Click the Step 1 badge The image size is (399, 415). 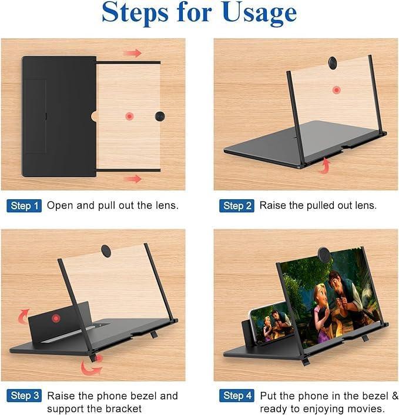point(24,206)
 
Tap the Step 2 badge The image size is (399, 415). point(237,206)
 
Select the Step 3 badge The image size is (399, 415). point(24,396)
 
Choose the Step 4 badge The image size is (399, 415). point(237,396)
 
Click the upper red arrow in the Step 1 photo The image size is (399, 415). point(133,53)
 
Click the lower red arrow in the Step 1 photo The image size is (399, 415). point(133,179)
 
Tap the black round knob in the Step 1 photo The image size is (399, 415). point(160,116)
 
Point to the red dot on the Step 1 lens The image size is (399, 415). point(129,116)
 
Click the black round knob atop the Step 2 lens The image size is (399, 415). point(333,63)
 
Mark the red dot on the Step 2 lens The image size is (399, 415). point(336,90)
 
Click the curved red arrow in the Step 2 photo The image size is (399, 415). point(324,168)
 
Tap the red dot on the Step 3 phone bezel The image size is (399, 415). point(56,318)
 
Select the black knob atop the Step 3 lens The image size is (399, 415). point(106,251)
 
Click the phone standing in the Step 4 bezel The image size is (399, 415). point(270,324)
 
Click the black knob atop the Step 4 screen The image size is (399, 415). point(324,254)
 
